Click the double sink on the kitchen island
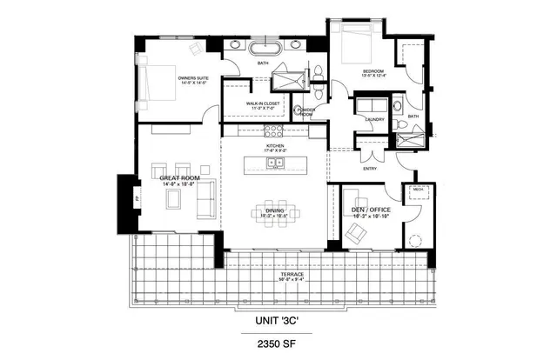276,162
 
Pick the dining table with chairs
277,213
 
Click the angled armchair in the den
356,232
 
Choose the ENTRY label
370,169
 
